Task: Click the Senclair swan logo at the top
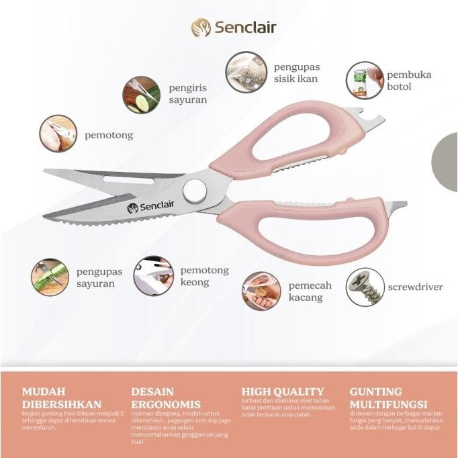click(x=201, y=28)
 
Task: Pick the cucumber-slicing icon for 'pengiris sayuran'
click(x=141, y=95)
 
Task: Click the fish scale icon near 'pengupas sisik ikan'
click(x=244, y=72)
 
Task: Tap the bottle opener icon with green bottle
click(x=364, y=80)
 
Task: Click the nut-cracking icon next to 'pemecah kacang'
click(x=261, y=291)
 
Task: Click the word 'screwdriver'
click(x=415, y=287)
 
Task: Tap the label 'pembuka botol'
click(x=409, y=81)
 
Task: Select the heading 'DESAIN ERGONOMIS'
click(x=166, y=398)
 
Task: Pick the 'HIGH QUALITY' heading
click(x=283, y=392)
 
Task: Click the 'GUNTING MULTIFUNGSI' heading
click(x=388, y=398)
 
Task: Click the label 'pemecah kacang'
click(x=310, y=291)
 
